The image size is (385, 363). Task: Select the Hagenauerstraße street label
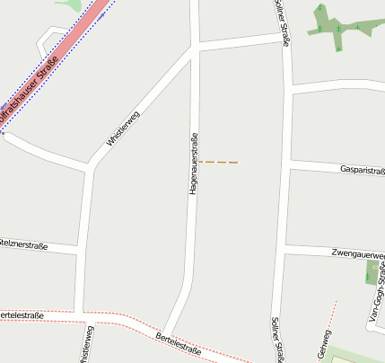point(193,164)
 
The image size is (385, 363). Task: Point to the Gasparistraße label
point(362,170)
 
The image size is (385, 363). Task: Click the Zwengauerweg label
point(357,254)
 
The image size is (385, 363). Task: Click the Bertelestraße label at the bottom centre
point(178,343)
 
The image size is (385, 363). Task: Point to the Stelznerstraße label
point(23,243)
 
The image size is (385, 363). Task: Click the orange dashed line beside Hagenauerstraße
point(218,162)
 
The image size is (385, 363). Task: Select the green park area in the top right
point(328,22)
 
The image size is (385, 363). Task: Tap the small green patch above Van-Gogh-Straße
point(372,272)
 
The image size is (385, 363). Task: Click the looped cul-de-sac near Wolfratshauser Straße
point(48,37)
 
